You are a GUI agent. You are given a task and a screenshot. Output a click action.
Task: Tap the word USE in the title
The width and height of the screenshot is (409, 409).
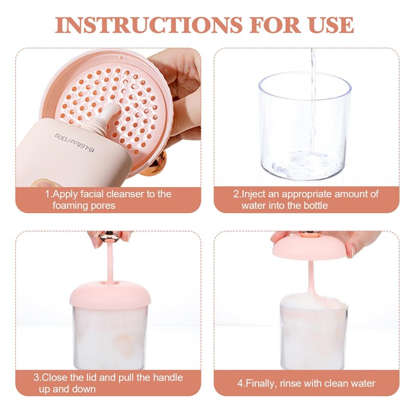tap(331, 25)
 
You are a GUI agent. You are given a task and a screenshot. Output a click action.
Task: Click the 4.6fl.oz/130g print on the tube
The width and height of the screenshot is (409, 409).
tap(75, 143)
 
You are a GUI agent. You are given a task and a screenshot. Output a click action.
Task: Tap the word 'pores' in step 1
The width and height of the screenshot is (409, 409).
tap(102, 206)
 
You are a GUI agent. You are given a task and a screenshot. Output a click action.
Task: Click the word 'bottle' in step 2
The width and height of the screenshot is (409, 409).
tap(315, 206)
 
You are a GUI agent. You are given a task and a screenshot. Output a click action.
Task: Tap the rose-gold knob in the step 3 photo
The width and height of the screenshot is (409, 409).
tap(109, 236)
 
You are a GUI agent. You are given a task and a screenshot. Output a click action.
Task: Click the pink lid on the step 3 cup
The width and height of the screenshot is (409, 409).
tap(110, 295)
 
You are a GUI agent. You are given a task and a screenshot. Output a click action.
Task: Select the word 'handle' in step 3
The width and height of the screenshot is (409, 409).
tap(168, 378)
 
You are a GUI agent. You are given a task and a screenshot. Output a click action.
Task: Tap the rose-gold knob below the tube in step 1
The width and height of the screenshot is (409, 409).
tap(154, 163)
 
